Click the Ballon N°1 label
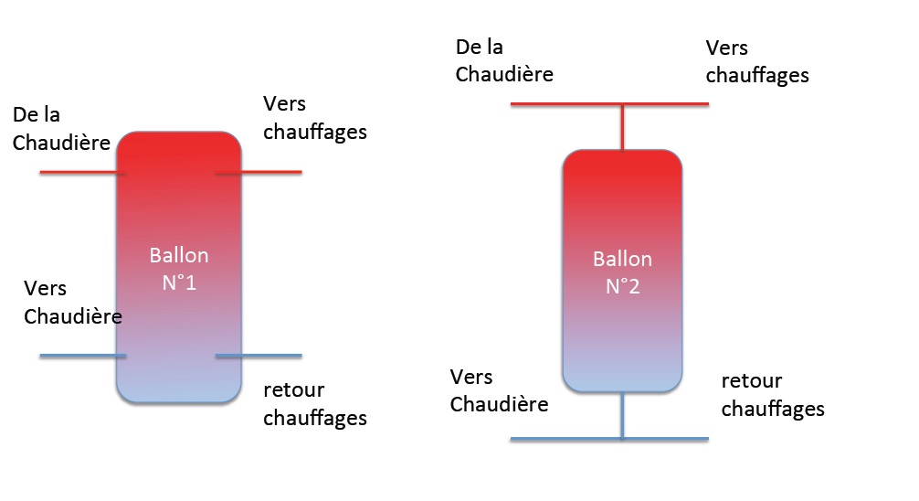(179, 269)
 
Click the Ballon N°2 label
(622, 272)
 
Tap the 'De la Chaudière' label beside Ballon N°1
(61, 129)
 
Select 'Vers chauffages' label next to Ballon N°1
(314, 118)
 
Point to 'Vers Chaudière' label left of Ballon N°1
(72, 303)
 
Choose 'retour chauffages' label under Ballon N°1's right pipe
(314, 404)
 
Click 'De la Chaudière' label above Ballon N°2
(504, 60)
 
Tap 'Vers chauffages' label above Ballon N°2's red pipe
(757, 61)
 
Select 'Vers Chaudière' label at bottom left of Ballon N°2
(500, 390)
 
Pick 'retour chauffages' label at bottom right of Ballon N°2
(773, 394)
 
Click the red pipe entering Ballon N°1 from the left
(82, 172)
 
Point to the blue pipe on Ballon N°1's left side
(82, 355)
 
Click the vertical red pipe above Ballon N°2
(622, 128)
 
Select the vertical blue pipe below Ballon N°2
(622, 416)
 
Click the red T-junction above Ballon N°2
(622, 105)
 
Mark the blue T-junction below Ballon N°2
(622, 439)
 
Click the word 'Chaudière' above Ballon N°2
(504, 74)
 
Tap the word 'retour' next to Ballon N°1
(293, 390)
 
